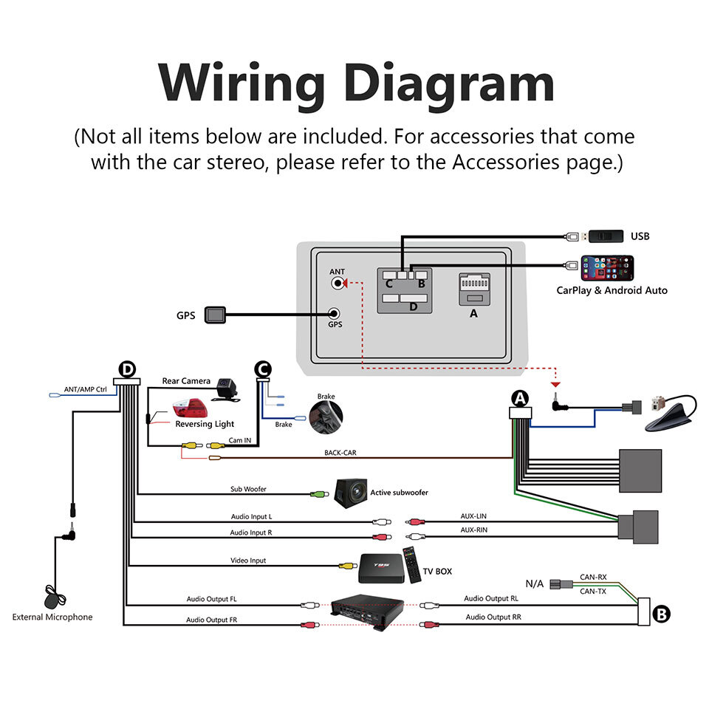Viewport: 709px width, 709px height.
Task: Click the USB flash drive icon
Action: point(603,236)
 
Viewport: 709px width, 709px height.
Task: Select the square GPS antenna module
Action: point(214,315)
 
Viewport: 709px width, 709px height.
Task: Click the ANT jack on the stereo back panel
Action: point(338,283)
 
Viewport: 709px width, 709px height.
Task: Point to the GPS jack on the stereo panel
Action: point(335,314)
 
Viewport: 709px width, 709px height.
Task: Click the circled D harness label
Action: point(129,369)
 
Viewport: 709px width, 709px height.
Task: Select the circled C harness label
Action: point(262,367)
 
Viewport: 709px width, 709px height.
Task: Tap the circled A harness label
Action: point(521,399)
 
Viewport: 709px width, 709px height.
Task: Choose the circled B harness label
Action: point(662,613)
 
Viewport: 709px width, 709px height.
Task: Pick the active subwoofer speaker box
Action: point(351,492)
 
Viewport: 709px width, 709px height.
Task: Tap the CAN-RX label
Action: point(592,578)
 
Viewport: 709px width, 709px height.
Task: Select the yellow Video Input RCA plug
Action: point(346,566)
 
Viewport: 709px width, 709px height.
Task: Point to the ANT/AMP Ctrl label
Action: point(86,389)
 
